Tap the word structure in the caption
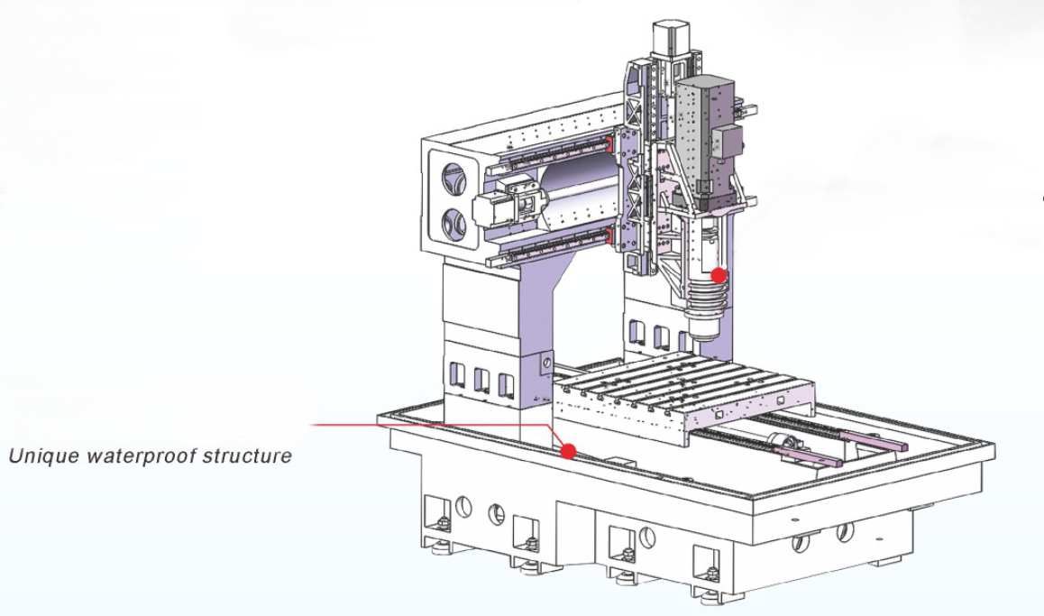(248, 455)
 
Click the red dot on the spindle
(719, 275)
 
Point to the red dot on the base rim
(568, 451)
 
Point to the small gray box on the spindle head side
(728, 143)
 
